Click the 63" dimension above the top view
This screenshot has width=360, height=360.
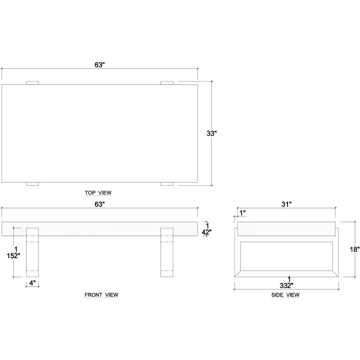coord(100,65)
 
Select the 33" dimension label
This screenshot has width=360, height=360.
coord(212,133)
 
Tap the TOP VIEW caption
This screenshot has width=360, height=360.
coord(98,193)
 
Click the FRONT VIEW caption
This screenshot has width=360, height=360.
coord(101,295)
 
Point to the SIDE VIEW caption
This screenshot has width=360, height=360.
coord(285,295)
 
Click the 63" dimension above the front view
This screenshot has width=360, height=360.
coord(100,204)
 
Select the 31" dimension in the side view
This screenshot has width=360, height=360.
coord(286,204)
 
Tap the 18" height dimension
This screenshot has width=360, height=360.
coord(355,249)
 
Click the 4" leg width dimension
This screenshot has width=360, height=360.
coord(32,283)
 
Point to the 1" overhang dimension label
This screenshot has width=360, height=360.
coord(242,213)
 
